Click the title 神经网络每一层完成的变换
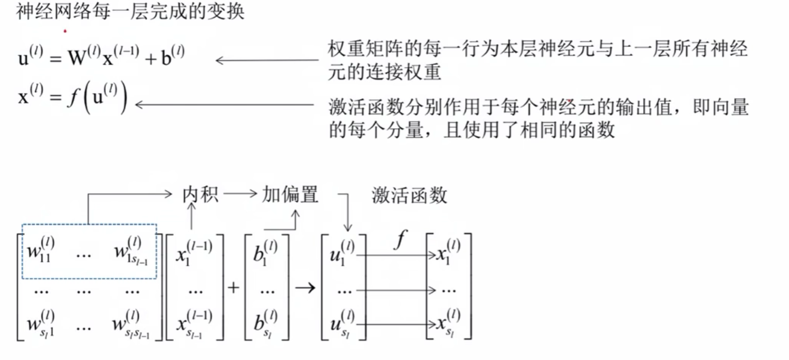130,12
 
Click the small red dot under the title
65,31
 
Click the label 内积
200,194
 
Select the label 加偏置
289,194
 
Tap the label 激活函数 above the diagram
409,196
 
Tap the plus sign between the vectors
234,287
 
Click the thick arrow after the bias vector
305,287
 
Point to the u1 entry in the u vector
341,251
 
